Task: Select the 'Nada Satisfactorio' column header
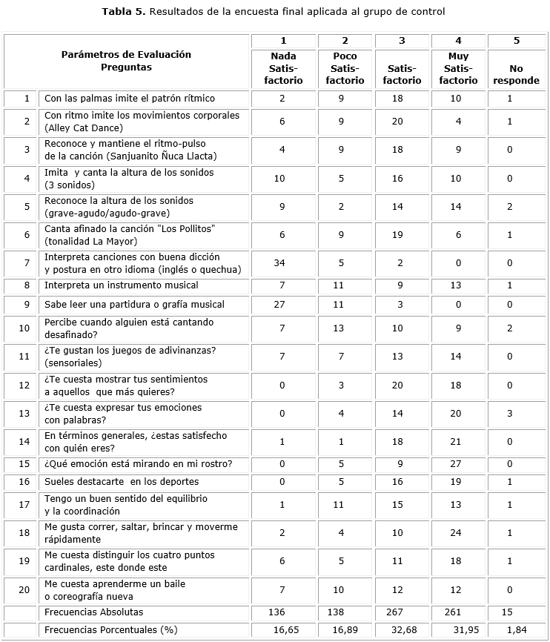282,68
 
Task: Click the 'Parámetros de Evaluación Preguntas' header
126,61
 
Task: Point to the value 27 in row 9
282,304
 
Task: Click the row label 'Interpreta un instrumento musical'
122,285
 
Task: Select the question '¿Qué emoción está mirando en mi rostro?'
139,464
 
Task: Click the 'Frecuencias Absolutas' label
93,612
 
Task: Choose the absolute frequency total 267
402,612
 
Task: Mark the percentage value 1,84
516,629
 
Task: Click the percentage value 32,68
402,629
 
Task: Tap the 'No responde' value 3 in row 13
516,413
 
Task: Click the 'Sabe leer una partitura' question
134,304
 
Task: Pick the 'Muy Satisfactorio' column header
459,68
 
